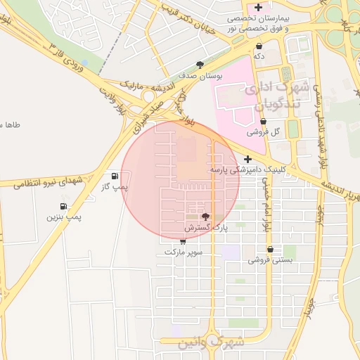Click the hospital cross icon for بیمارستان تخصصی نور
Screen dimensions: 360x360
pos(259,7)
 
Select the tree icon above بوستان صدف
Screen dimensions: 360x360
pos(200,64)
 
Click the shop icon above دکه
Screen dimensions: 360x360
pos(259,45)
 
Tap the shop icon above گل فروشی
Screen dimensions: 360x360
pos(264,121)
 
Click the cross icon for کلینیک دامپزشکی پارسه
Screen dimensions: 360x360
pos(248,159)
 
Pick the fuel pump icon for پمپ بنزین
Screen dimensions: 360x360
pos(64,207)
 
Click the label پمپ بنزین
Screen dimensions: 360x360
pos(64,218)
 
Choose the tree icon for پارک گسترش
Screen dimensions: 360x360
pos(205,217)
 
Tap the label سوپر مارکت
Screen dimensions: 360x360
pos(184,251)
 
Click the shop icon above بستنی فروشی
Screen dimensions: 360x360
pos(271,249)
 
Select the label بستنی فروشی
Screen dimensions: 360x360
pos(270,260)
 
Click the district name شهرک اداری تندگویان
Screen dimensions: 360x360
pos(275,98)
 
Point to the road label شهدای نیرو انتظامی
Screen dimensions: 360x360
pos(44,181)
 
